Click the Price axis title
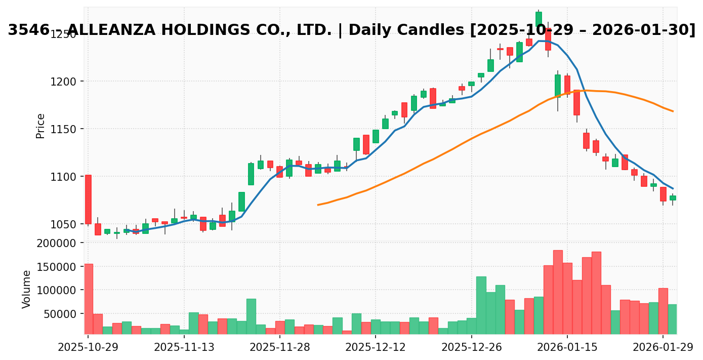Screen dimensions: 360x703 pyautogui.click(x=40, y=126)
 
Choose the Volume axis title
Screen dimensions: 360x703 pyautogui.click(x=27, y=289)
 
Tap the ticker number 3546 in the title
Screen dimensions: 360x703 pyautogui.click(x=28, y=30)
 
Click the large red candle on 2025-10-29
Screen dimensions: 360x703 pyautogui.click(x=88, y=199)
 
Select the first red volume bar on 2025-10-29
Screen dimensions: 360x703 pyautogui.click(x=88, y=299)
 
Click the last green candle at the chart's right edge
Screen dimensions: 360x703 pyautogui.click(x=673, y=198)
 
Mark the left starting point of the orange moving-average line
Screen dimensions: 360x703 pyautogui.click(x=318, y=205)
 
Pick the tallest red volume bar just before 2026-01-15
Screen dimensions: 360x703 pyautogui.click(x=558, y=292)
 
